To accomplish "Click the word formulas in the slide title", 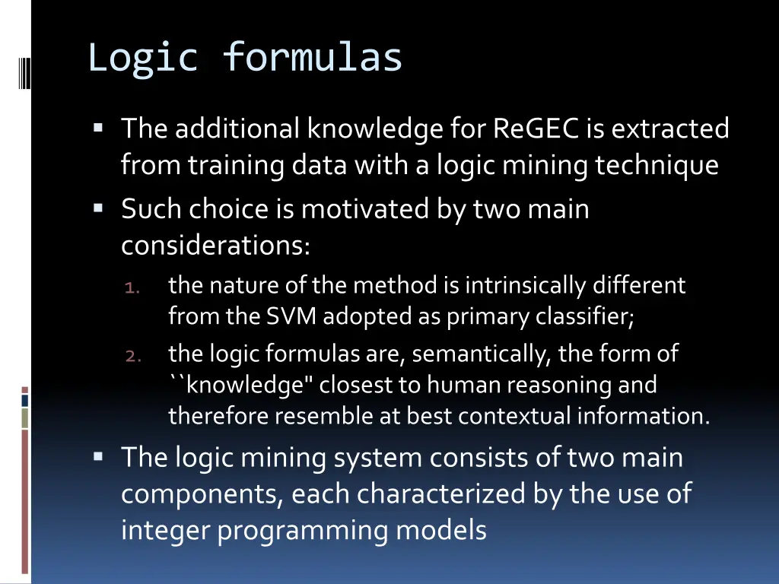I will (x=313, y=59).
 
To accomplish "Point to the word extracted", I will (x=670, y=129).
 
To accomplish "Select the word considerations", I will (x=215, y=246).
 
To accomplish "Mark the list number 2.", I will (x=132, y=356).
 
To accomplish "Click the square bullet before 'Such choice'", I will (x=99, y=207).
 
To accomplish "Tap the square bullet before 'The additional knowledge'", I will (x=99, y=127).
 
